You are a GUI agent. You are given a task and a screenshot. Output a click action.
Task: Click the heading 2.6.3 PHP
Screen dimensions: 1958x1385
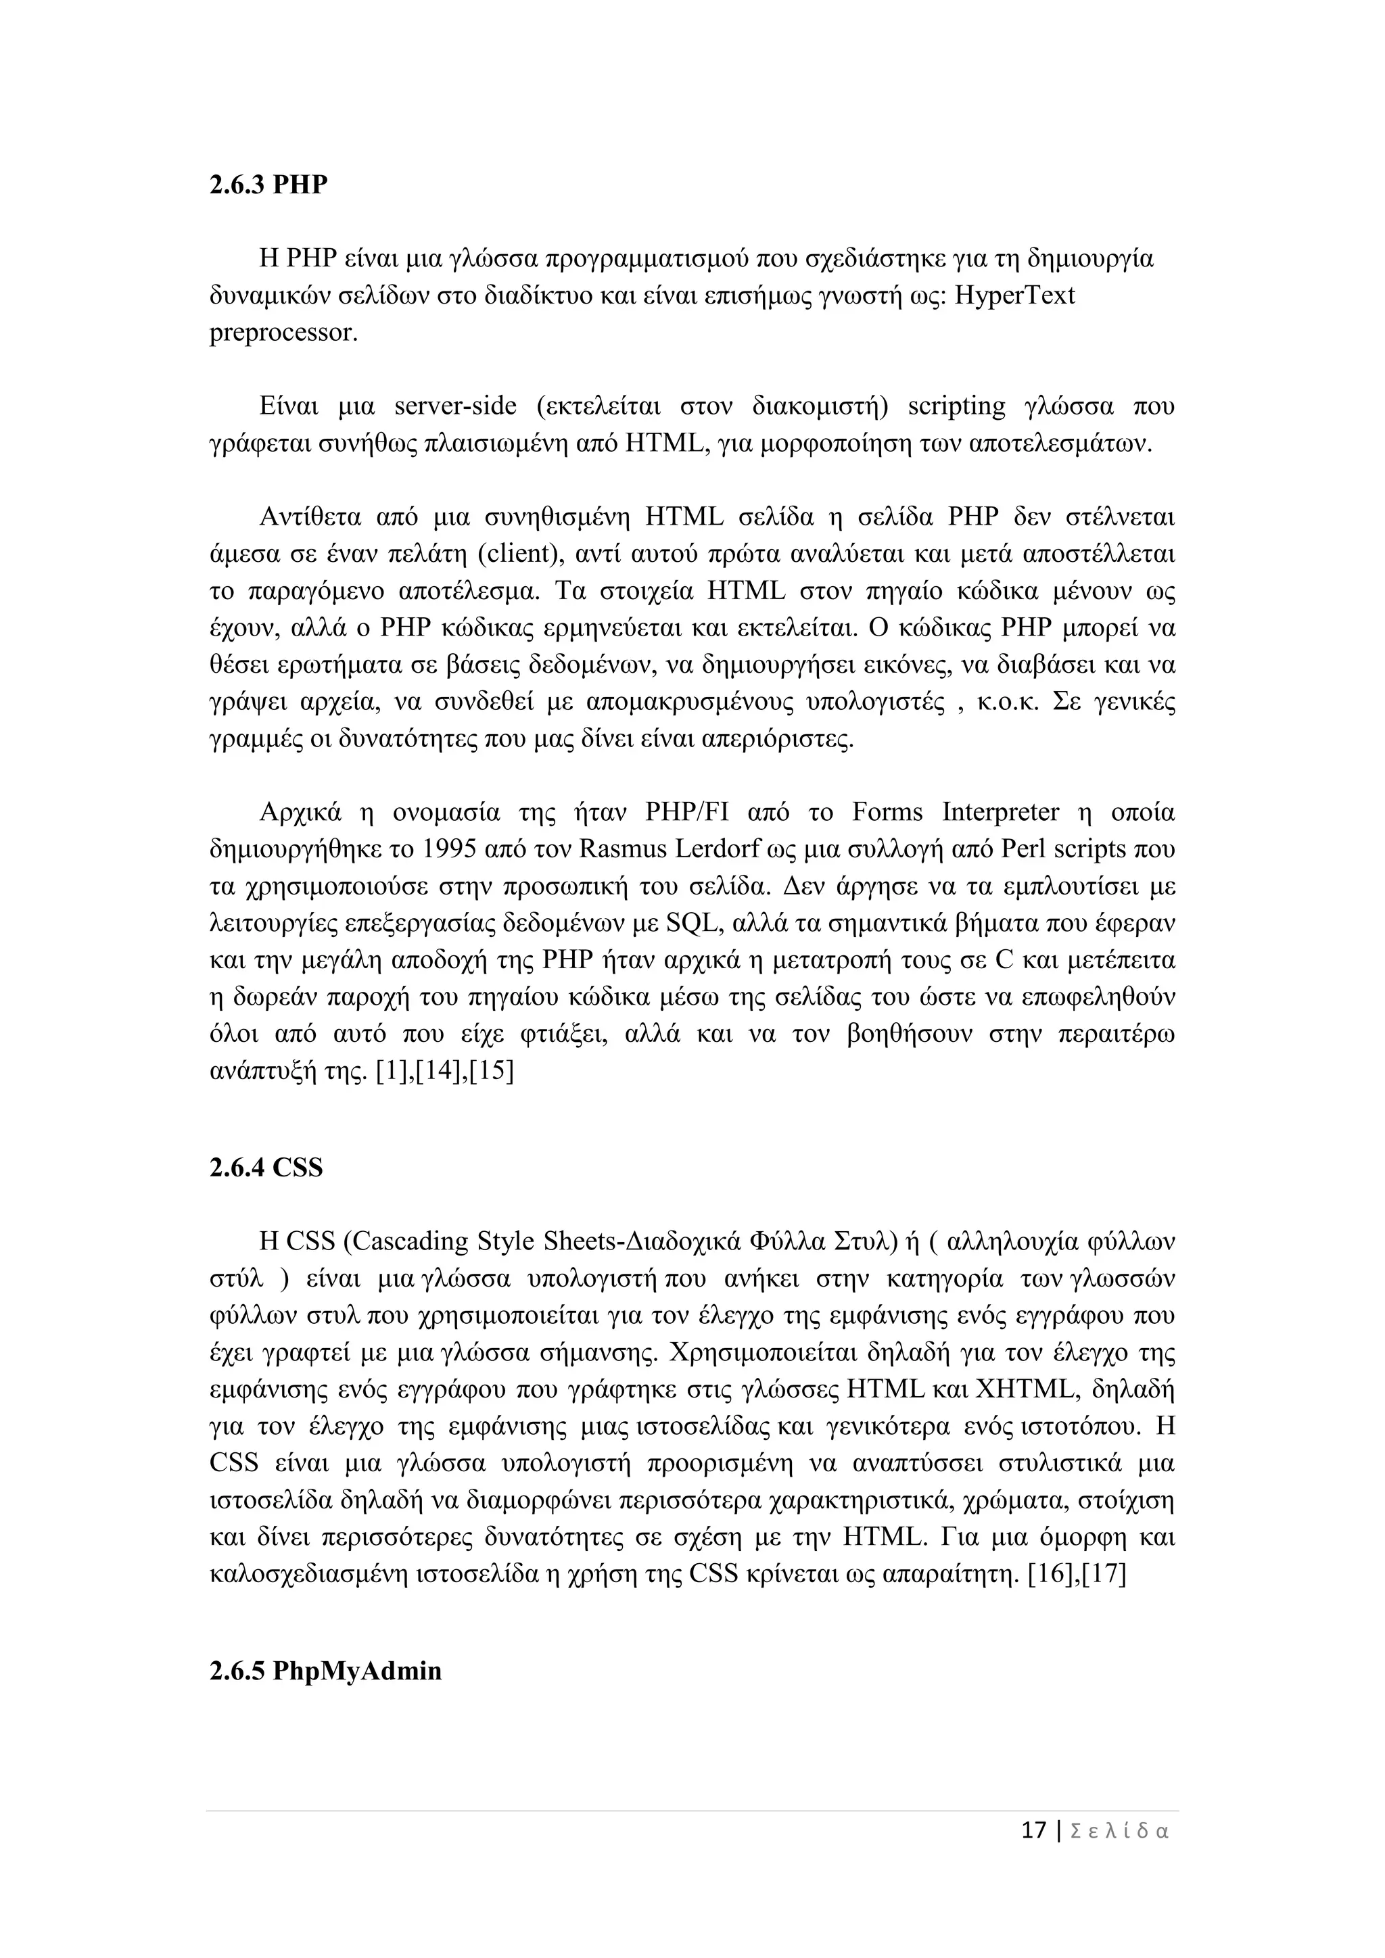tap(268, 184)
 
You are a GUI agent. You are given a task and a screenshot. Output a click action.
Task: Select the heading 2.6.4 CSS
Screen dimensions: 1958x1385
tap(266, 1166)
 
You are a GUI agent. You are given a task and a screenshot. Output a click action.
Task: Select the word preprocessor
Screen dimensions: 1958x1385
tap(282, 333)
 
